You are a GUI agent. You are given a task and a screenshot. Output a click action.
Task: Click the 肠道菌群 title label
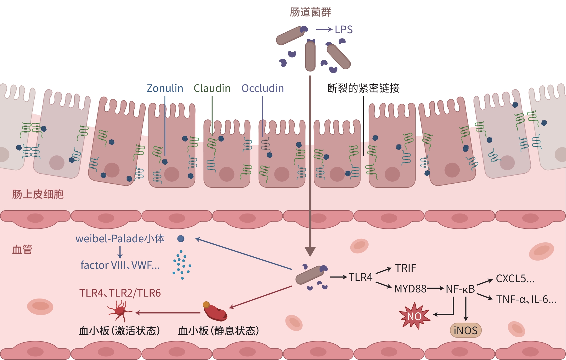[x=310, y=12]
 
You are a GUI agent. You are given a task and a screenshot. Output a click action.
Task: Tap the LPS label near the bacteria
[x=343, y=30]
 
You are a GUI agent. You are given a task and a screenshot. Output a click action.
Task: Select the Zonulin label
[x=165, y=88]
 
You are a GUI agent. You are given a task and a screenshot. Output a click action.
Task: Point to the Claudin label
[x=212, y=88]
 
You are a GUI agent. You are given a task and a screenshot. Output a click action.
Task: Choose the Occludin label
[x=263, y=88]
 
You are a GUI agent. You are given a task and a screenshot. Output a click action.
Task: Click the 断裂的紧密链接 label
[x=363, y=88]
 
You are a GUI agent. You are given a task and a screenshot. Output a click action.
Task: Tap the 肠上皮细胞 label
[x=38, y=194]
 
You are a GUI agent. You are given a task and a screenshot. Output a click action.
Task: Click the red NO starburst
[x=414, y=316]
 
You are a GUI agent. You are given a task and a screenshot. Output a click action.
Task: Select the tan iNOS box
[x=465, y=330]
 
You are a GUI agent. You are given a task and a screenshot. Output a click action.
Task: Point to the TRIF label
[x=405, y=268]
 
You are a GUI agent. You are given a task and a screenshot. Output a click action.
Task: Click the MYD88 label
[x=410, y=289]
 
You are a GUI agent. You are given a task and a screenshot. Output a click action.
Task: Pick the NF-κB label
[x=460, y=289]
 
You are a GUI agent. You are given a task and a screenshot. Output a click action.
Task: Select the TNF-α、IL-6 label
[x=526, y=299]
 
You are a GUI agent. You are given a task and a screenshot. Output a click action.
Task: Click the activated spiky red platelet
[x=120, y=311]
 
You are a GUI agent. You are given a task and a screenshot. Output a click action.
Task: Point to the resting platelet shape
[x=215, y=312]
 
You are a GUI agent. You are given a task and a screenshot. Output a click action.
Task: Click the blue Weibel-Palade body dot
[x=181, y=239]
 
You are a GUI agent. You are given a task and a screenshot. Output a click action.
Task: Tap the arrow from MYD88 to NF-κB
[x=436, y=289]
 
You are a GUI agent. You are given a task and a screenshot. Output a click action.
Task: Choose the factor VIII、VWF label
[x=120, y=265]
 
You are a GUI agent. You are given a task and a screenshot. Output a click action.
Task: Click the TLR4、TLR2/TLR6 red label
[x=120, y=293]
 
